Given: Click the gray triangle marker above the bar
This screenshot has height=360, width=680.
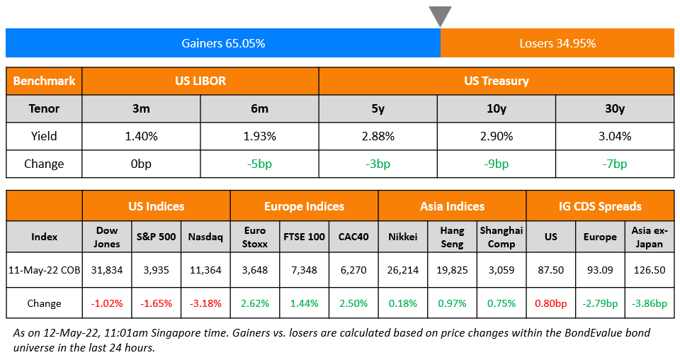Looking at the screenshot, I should tap(440, 15).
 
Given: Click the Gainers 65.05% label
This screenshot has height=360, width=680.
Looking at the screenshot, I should tap(223, 43).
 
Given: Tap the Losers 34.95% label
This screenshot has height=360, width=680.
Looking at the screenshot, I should tap(557, 43).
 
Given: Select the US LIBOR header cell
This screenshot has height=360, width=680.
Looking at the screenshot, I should tap(200, 81).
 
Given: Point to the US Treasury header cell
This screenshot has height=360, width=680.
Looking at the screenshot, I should tap(496, 81).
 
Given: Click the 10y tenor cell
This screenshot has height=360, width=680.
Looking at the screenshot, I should tap(496, 108).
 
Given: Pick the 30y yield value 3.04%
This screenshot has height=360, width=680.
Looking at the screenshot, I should tap(614, 136).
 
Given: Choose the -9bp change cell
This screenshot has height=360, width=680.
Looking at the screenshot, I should tap(496, 164).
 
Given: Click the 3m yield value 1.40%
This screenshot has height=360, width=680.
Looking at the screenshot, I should tap(141, 136).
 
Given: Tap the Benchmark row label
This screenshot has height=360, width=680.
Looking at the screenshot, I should tap(44, 81).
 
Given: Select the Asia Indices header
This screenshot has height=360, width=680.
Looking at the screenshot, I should tap(452, 207).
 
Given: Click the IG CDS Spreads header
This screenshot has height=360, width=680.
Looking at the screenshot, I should tap(600, 207).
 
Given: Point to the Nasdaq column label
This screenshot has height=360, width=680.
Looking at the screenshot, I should tap(205, 237).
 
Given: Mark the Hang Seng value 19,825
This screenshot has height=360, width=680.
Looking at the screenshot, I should tap(452, 270).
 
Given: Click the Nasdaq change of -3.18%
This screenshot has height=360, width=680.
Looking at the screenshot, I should tap(205, 303).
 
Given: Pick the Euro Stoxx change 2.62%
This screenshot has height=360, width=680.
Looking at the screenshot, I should tap(254, 303).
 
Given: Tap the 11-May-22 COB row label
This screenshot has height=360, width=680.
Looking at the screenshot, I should tap(44, 270).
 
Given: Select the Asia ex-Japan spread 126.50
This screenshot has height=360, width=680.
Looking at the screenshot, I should tap(649, 270).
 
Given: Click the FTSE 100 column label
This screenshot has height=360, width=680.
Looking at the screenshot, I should tap(304, 237).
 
